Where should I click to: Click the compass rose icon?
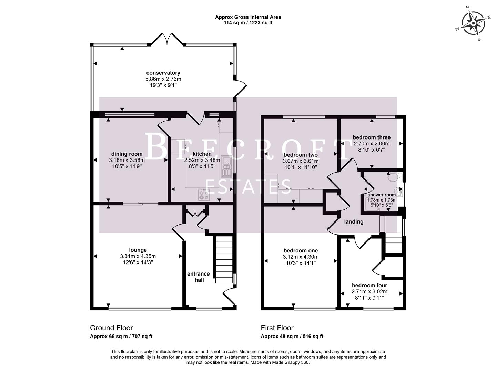click(x=473, y=23)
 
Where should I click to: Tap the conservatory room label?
click(x=163, y=73)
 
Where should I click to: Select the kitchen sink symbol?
click(x=226, y=166)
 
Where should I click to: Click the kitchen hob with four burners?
click(x=203, y=195)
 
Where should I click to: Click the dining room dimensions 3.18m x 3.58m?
click(x=126, y=160)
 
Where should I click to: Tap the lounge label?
click(x=138, y=250)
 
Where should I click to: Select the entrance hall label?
click(x=199, y=277)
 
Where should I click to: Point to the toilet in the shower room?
click(x=393, y=178)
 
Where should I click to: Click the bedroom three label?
click(x=372, y=137)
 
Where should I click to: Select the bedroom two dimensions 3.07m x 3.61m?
click(x=301, y=161)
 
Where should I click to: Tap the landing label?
click(x=354, y=222)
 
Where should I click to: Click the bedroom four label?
click(x=369, y=285)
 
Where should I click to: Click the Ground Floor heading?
click(x=111, y=328)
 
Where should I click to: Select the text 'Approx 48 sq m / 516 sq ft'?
click(x=292, y=337)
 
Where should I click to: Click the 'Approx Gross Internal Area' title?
click(x=248, y=17)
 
